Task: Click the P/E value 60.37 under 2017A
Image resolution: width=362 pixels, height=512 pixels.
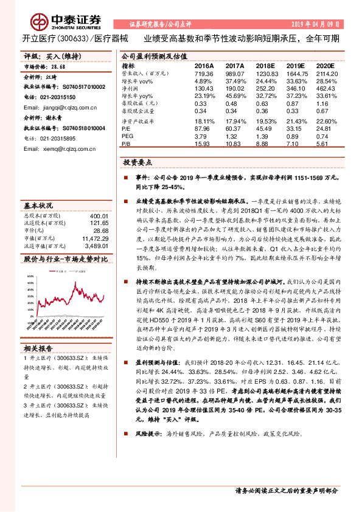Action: coord(234,129)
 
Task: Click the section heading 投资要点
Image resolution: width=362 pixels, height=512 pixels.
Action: coord(138,164)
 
